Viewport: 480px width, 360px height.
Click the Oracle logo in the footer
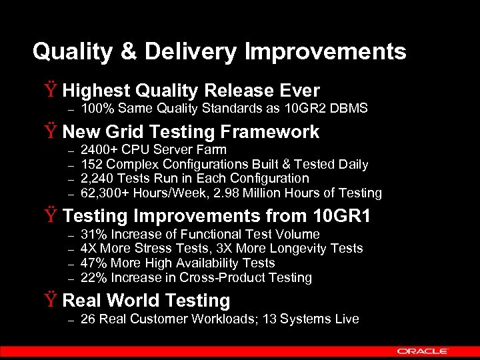pos(423,351)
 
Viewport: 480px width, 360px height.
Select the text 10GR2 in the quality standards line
pos(299,108)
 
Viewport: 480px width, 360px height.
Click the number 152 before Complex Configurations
pos(91,164)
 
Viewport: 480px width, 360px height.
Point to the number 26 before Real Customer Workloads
pos(88,319)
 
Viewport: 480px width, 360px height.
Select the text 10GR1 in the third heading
pos(343,216)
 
